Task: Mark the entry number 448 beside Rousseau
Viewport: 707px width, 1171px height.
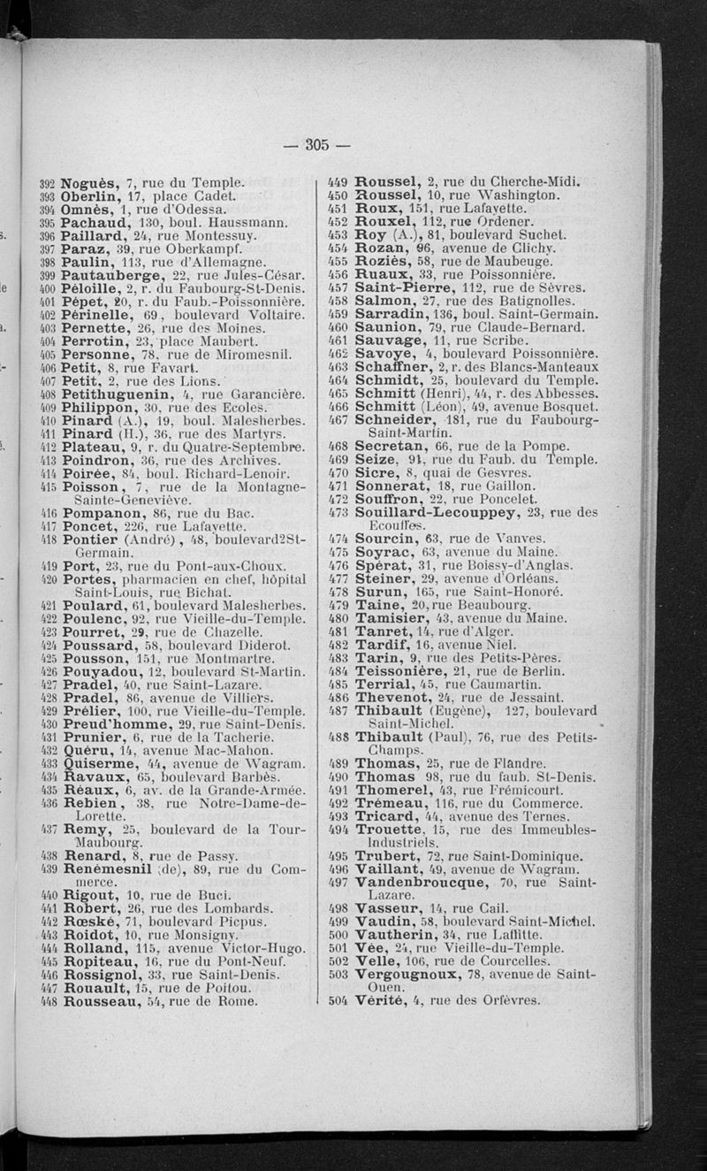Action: [x=49, y=1002]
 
